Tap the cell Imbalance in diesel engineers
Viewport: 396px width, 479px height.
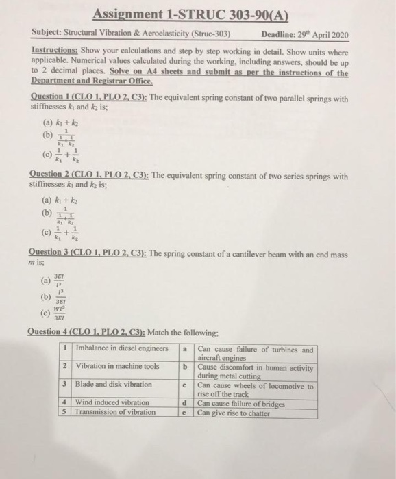point(122,349)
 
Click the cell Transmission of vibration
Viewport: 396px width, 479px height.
point(116,412)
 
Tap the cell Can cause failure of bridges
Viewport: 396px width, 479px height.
point(240,403)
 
